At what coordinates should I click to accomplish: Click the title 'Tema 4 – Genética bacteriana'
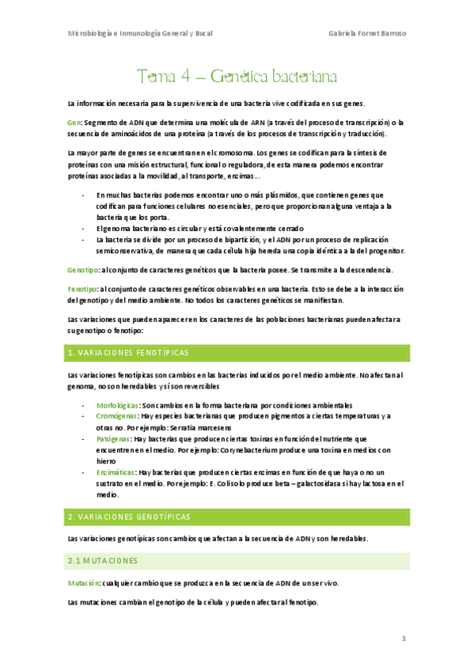[237, 77]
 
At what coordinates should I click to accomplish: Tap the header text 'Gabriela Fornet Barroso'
[367, 33]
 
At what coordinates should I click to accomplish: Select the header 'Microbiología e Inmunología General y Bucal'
[140, 33]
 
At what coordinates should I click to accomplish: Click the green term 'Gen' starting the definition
[74, 123]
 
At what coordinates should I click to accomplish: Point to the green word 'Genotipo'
[82, 271]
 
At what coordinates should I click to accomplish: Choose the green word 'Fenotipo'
[82, 290]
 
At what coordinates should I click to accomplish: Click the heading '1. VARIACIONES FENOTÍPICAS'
[131, 351]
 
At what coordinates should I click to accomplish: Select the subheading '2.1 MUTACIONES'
[103, 560]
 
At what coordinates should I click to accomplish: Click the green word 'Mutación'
[84, 582]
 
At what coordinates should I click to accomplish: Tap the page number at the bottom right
[404, 638]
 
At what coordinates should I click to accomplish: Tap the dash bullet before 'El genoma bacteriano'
[84, 229]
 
